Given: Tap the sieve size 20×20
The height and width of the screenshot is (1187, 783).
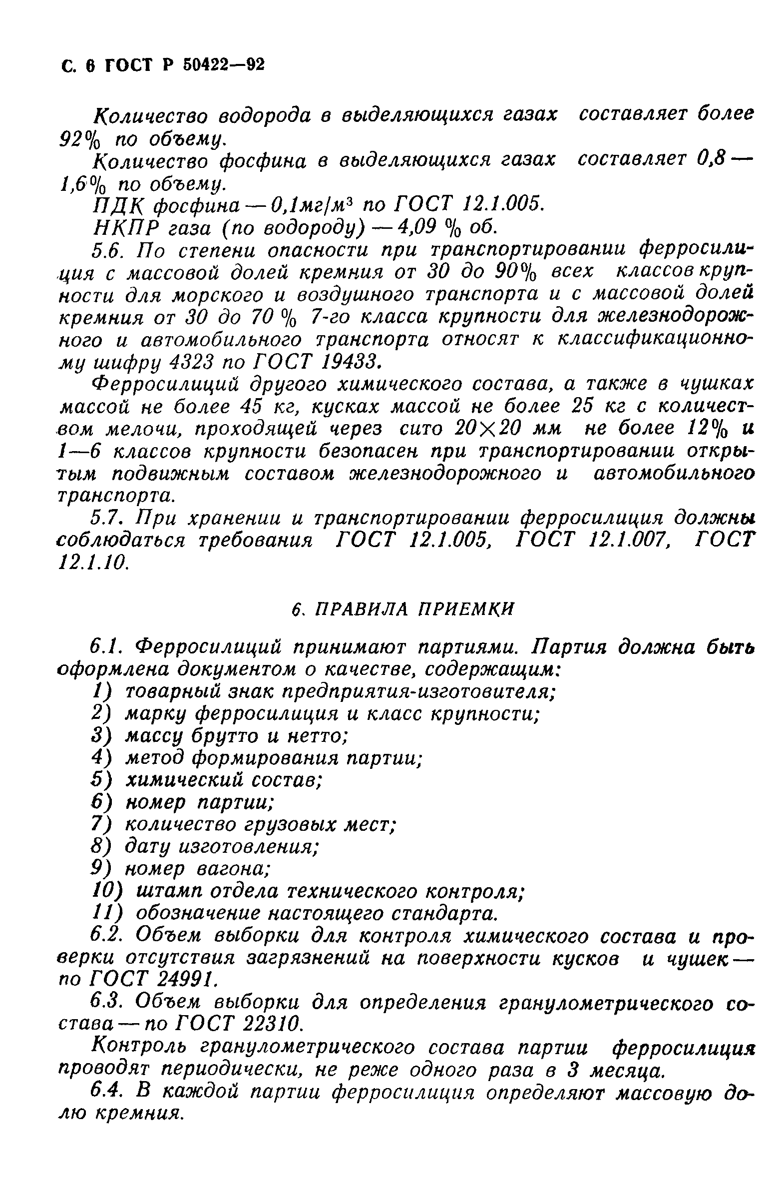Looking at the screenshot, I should [482, 429].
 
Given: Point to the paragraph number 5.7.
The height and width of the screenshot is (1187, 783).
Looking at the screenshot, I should [107, 518].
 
